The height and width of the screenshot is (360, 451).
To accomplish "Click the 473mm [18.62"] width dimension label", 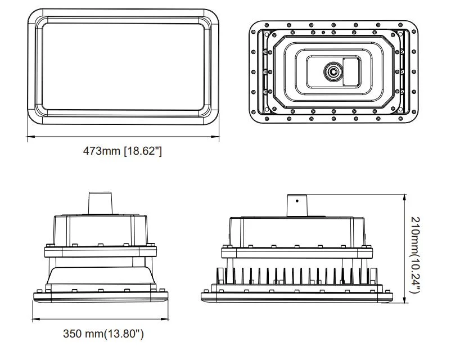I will coord(123,151).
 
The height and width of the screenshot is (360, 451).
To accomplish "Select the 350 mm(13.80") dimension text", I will coord(103,334).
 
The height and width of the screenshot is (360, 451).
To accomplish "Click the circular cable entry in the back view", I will coord(332,71).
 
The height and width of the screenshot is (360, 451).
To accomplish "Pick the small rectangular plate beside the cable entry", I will coord(352,71).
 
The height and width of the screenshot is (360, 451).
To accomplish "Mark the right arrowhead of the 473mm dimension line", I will coord(218,137).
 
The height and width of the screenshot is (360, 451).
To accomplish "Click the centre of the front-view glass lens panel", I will coord(124,66).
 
